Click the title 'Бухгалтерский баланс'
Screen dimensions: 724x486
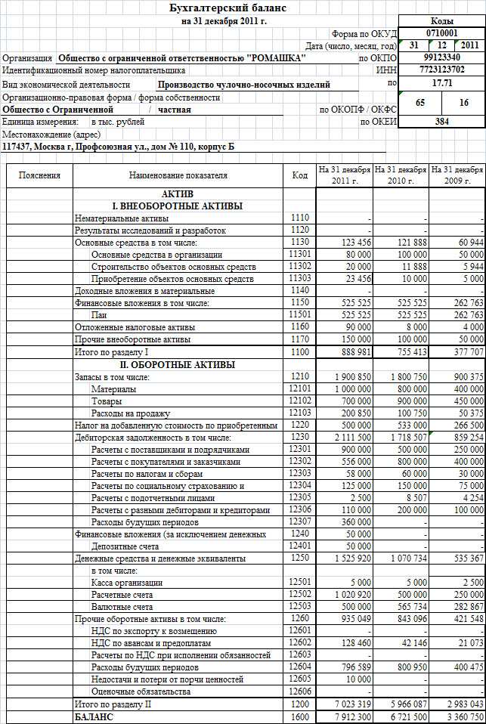[240, 8]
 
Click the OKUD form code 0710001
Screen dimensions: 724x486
[441, 33]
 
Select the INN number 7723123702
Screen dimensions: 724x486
[441, 70]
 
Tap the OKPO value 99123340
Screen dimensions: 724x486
[441, 57]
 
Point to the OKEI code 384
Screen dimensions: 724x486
[441, 121]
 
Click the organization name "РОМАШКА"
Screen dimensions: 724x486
[181, 57]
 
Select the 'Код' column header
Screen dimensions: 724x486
[299, 175]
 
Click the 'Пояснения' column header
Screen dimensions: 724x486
[40, 175]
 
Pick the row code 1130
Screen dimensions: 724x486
[299, 243]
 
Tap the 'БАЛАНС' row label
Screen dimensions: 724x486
[93, 716]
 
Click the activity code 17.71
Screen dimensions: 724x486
[441, 82]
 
